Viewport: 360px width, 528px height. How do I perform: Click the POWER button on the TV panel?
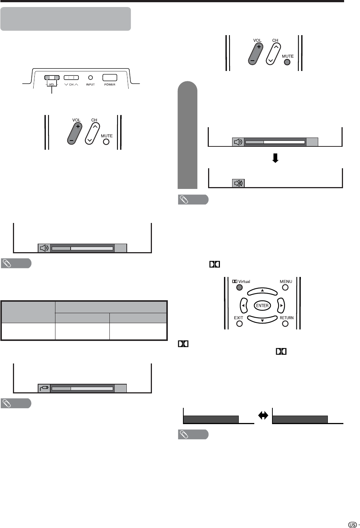point(110,78)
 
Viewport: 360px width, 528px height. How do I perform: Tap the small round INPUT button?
point(90,78)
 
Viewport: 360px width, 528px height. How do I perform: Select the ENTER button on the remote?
point(262,305)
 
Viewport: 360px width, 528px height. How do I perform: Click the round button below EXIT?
point(239,324)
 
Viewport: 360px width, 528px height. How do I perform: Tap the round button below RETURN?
point(285,324)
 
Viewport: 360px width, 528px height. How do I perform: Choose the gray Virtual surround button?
point(239,287)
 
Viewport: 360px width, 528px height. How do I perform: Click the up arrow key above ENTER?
point(262,291)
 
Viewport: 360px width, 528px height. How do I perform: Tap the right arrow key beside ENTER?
point(281,305)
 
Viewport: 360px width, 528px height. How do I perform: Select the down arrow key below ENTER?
point(262,319)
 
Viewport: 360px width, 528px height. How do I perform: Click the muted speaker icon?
point(238,183)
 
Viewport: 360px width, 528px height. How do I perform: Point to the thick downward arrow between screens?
point(275,158)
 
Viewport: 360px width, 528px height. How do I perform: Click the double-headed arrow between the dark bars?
point(263,416)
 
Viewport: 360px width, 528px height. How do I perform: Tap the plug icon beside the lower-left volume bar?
point(44,388)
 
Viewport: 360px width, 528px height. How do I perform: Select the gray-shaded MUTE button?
point(287,62)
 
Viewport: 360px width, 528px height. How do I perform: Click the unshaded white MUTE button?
point(106,142)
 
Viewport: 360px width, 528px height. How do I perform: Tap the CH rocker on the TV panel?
point(71,78)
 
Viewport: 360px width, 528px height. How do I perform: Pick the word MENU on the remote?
point(286,282)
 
